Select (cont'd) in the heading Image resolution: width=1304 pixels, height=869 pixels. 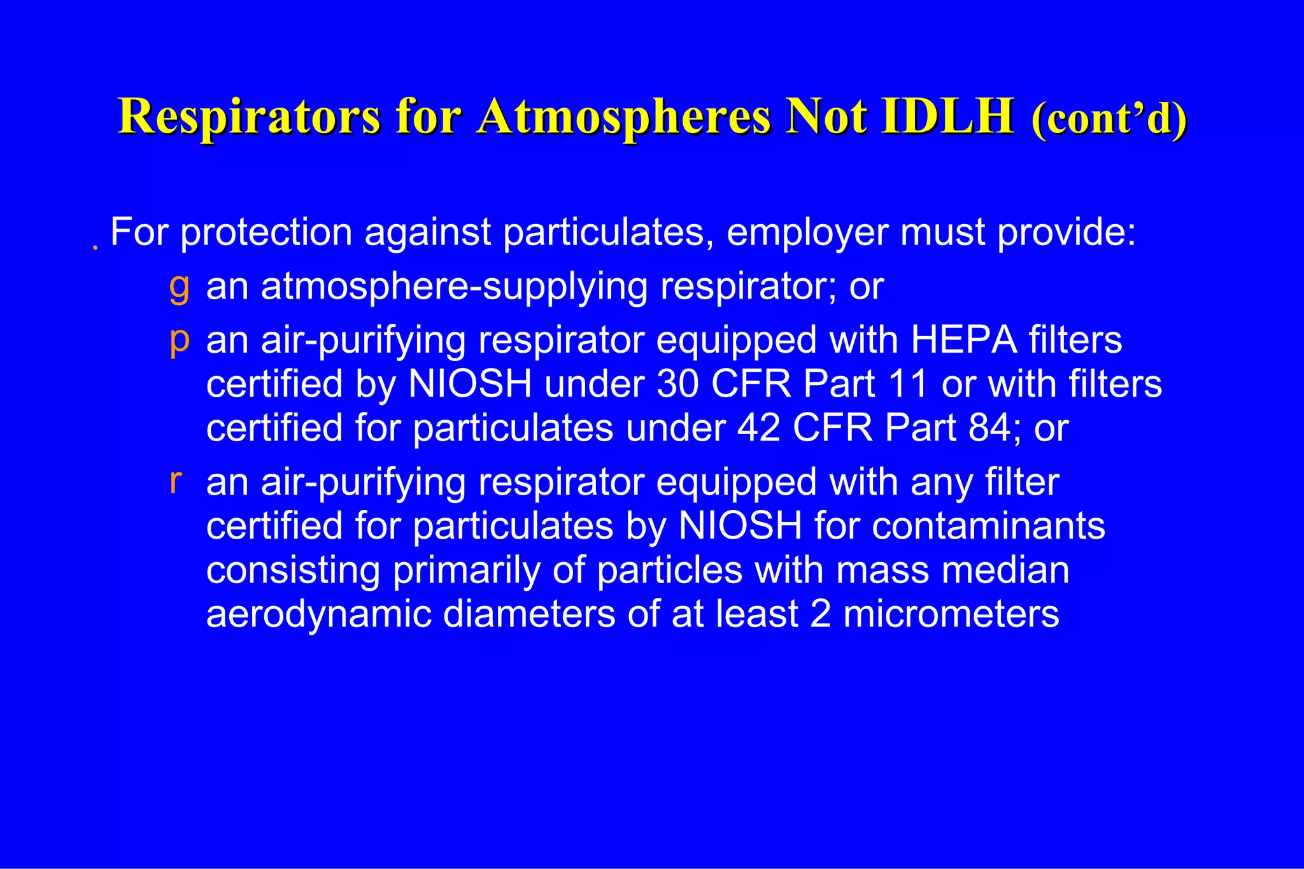pos(1109,119)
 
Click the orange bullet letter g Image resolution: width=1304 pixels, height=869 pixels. pos(179,287)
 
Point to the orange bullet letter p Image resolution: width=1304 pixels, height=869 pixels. pos(180,341)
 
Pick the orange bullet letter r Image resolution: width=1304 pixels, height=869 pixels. pos(176,481)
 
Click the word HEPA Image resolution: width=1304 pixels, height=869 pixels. pos(963,340)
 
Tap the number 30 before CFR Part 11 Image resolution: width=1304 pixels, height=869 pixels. pos(677,384)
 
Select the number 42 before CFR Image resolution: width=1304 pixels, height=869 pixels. pos(758,428)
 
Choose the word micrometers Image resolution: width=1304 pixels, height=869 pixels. pos(951,614)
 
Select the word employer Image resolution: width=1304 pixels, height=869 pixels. pos(807,233)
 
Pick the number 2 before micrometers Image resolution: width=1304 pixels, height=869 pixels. pos(820,614)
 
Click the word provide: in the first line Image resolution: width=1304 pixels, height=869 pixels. pos(1067,233)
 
